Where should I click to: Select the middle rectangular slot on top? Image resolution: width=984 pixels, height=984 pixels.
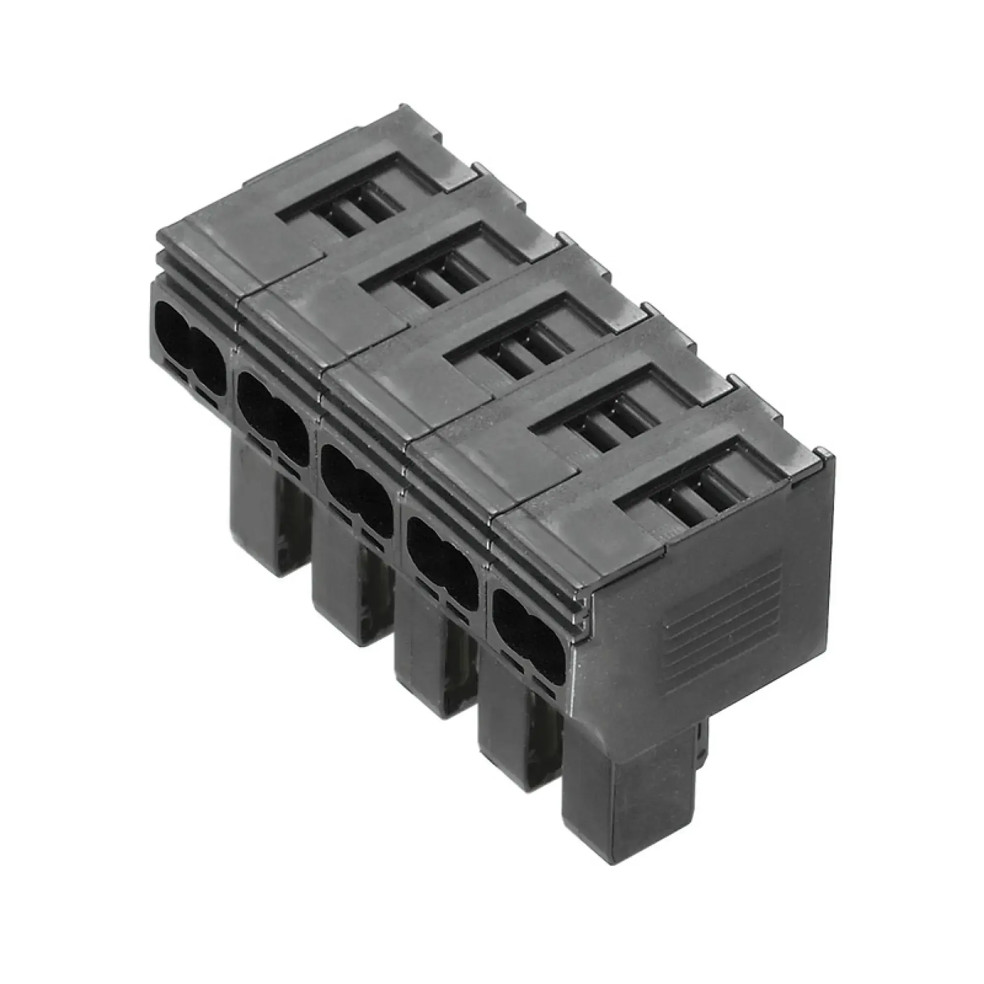(524, 351)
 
